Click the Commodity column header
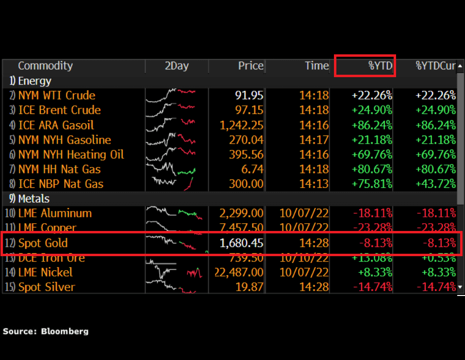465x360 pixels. click(x=45, y=66)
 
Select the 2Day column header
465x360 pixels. click(x=177, y=66)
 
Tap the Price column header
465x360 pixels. click(x=250, y=66)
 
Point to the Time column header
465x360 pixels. click(x=316, y=66)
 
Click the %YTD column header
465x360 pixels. click(x=380, y=66)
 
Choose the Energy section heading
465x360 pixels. click(x=34, y=81)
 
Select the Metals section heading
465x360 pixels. click(x=33, y=198)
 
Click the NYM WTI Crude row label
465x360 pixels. click(x=56, y=96)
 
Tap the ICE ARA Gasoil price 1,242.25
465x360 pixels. click(x=242, y=125)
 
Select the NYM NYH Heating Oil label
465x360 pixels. click(x=71, y=155)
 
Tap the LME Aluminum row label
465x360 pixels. click(x=55, y=213)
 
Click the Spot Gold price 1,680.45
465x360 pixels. click(x=242, y=243)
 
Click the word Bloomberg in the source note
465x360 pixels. click(x=65, y=331)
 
